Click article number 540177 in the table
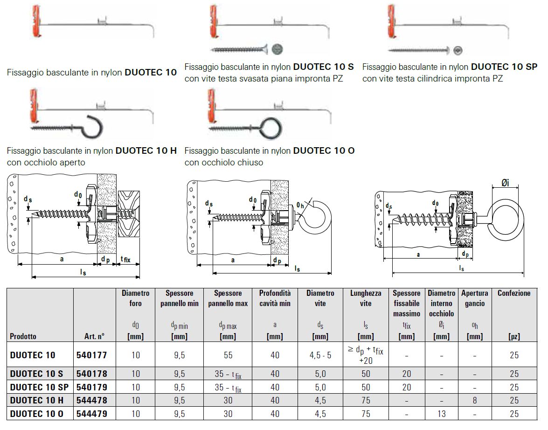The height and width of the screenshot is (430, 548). [x=91, y=355]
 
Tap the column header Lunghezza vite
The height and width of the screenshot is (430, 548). [x=366, y=298]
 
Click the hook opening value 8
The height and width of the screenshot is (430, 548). [x=474, y=400]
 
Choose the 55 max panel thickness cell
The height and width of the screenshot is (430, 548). [x=228, y=355]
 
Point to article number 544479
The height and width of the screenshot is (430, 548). [x=91, y=414]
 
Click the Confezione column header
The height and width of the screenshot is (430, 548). [x=513, y=293]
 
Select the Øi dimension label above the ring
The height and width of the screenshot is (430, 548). [x=506, y=183]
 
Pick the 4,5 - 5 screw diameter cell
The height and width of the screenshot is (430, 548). [x=320, y=355]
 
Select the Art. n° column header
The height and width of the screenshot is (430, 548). [x=90, y=336]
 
